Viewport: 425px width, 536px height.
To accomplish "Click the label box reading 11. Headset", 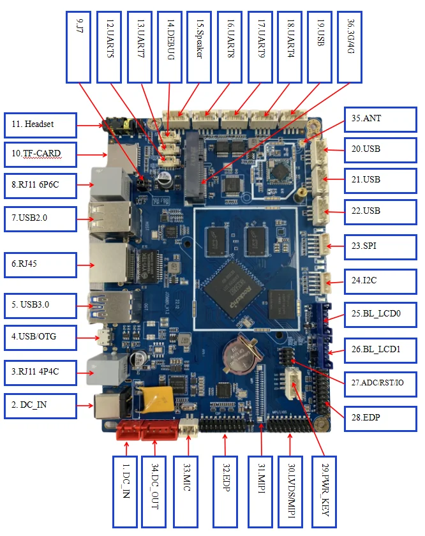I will click(40, 125).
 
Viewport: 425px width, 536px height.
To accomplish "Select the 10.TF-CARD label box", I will click(40, 153).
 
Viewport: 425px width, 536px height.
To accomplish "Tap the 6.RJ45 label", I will click(40, 262).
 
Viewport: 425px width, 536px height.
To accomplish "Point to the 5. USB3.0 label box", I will click(40, 304).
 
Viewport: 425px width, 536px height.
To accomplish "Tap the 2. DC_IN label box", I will click(40, 405).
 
